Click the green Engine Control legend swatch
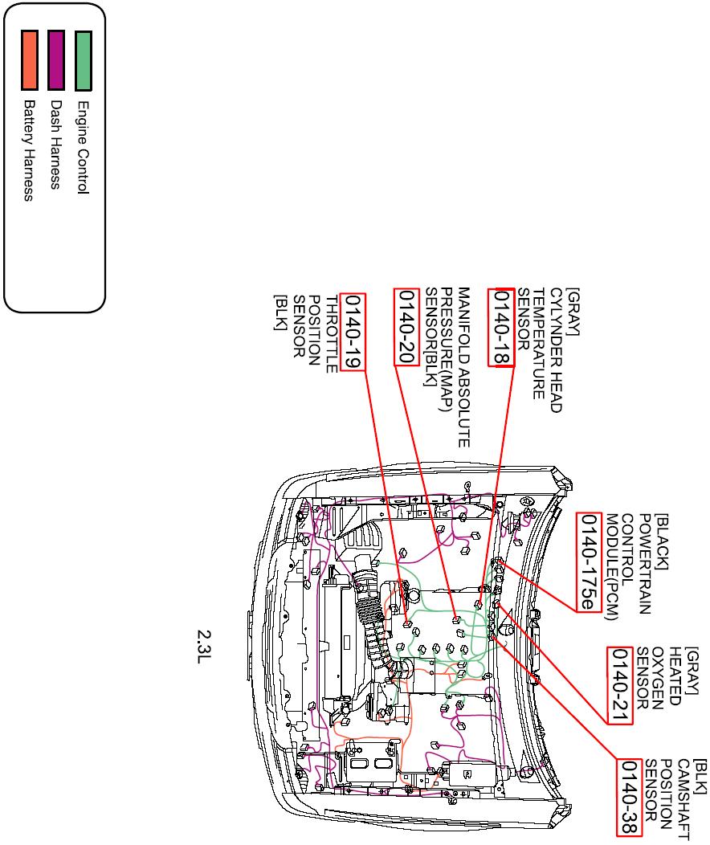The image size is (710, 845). pyautogui.click(x=83, y=60)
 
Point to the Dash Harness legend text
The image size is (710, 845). pyautogui.click(x=55, y=145)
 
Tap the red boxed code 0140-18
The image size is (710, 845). pyautogui.click(x=503, y=327)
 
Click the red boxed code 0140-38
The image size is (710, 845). pyautogui.click(x=630, y=797)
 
